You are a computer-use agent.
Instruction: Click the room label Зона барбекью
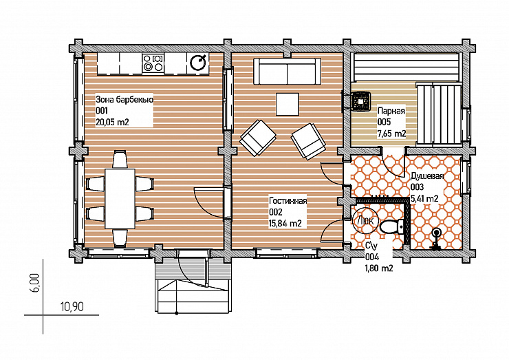124,99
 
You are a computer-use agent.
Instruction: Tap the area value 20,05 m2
112,122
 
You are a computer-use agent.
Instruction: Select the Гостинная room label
288,201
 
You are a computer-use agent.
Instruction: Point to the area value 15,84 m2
285,223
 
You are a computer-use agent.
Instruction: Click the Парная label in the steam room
391,111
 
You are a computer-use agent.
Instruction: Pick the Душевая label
427,176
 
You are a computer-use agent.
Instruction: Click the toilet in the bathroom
392,226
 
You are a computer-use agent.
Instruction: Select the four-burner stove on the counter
153,63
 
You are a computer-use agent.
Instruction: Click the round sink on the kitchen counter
198,63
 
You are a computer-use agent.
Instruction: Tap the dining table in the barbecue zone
120,198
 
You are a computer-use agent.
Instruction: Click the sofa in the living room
287,72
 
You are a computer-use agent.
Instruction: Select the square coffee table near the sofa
288,105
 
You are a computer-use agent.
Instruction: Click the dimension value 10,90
72,306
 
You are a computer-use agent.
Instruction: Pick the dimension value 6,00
36,283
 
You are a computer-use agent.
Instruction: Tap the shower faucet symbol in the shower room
435,239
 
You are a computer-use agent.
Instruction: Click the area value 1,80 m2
379,268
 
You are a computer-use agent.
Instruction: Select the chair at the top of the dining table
120,159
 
